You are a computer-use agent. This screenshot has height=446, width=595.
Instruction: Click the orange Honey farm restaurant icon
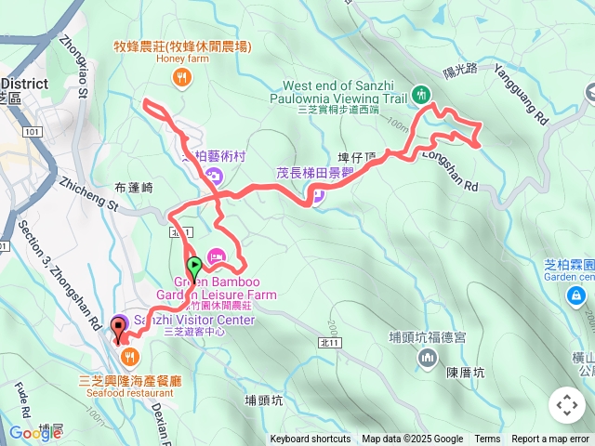point(181,79)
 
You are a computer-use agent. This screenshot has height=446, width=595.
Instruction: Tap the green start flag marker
point(195,264)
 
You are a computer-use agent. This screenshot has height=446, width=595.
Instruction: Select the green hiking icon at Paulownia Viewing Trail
point(420,94)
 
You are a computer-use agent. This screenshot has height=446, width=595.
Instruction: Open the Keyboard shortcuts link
point(311,439)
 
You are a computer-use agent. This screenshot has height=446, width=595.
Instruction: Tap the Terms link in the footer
point(487,439)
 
